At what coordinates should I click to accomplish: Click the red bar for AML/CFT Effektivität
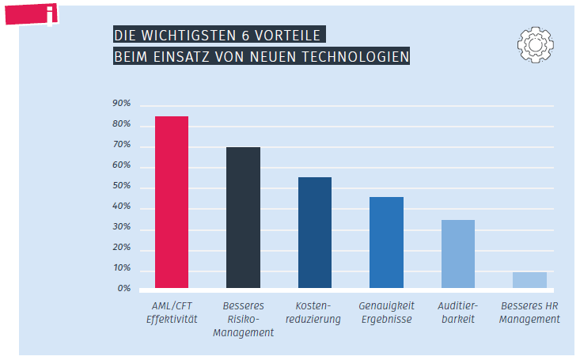pyautogui.click(x=171, y=202)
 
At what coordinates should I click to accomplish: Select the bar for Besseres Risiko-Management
pyautogui.click(x=243, y=218)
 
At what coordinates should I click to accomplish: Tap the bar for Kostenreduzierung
pyautogui.click(x=314, y=233)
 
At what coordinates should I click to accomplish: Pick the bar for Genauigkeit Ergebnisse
pyautogui.click(x=386, y=242)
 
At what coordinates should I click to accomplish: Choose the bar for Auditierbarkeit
pyautogui.click(x=458, y=254)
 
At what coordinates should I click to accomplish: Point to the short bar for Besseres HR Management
pyautogui.click(x=529, y=280)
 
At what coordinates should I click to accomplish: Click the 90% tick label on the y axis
pyautogui.click(x=121, y=104)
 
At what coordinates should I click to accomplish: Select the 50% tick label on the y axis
pyautogui.click(x=121, y=187)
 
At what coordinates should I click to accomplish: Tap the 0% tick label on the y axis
pyautogui.click(x=123, y=289)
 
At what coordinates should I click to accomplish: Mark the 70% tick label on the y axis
pyautogui.click(x=121, y=146)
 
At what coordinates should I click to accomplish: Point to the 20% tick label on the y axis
pyautogui.click(x=121, y=248)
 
